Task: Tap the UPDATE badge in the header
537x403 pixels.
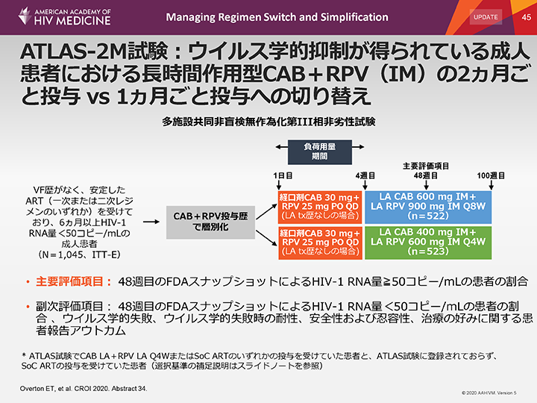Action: click(486, 16)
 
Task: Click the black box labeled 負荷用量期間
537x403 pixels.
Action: click(318, 151)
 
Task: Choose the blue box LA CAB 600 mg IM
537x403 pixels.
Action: click(429, 205)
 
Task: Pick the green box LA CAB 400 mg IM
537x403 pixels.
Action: click(429, 243)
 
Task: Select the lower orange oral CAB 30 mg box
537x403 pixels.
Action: click(319, 243)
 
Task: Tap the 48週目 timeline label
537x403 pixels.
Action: click(426, 175)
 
